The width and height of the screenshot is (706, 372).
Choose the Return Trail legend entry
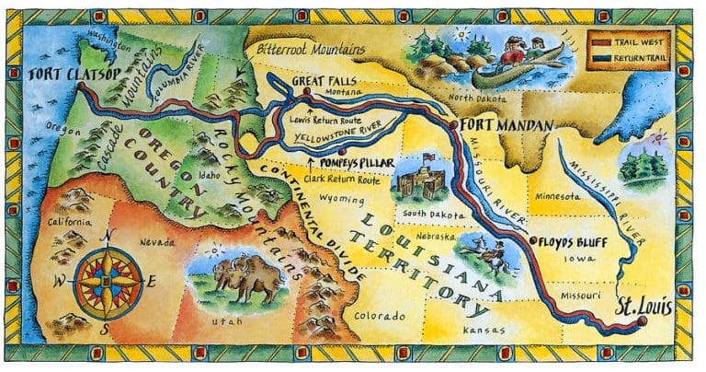coord(643,56)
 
